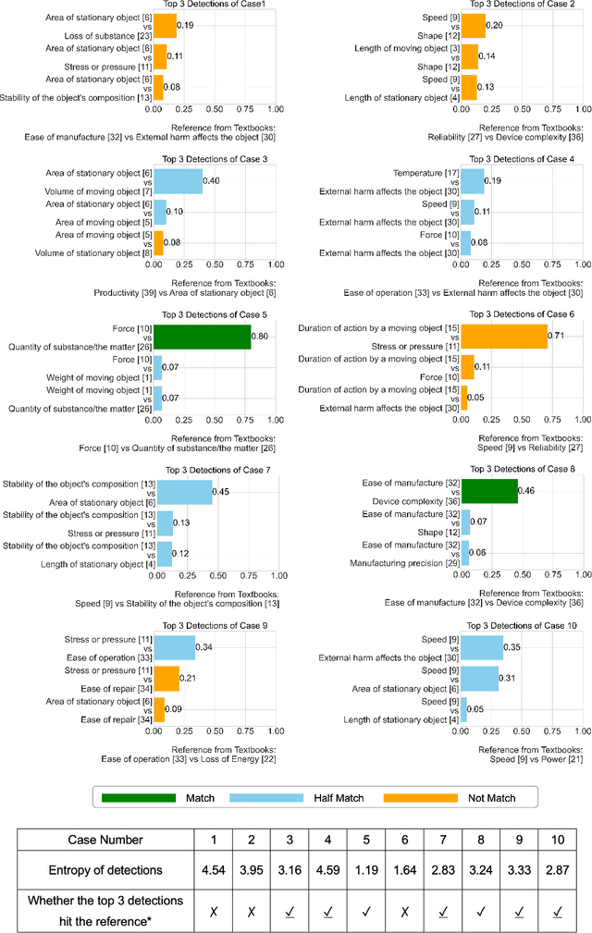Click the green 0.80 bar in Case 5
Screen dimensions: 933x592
tap(202, 338)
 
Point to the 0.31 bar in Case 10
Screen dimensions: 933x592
tap(479, 679)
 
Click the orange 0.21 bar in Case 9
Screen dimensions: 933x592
tap(166, 679)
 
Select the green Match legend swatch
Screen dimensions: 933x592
tap(138, 797)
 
